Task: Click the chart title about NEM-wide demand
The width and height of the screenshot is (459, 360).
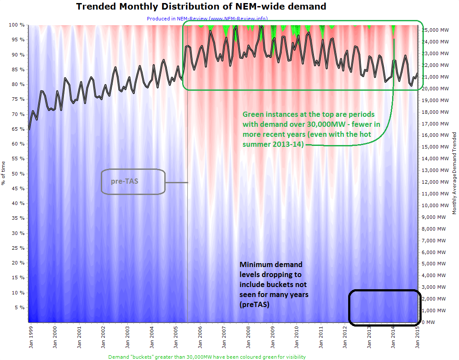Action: click(201, 7)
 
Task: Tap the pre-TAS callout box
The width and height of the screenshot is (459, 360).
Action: click(133, 181)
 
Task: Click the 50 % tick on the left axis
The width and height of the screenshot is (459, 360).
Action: click(18, 174)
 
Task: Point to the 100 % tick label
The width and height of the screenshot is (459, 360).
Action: click(17, 25)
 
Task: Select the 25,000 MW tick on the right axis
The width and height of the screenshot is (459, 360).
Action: click(436, 30)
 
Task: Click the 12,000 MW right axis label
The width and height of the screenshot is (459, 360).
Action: click(436, 182)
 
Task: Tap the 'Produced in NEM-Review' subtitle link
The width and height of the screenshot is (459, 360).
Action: click(207, 18)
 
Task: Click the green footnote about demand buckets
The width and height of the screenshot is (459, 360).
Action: click(206, 357)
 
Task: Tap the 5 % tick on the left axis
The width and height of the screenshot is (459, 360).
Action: click(19, 307)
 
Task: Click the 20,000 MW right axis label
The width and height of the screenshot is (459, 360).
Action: click(436, 89)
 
